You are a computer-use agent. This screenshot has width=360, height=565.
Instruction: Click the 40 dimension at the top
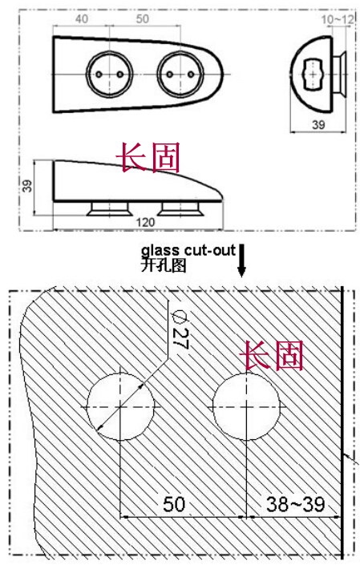point(82,18)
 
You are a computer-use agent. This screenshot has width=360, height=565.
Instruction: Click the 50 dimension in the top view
point(143,18)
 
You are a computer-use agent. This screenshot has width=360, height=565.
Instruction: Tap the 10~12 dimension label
point(338,19)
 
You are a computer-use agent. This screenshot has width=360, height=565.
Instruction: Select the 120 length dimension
point(145,222)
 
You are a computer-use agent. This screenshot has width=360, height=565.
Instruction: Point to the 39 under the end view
point(318,125)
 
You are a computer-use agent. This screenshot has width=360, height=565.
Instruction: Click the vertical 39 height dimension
point(28,185)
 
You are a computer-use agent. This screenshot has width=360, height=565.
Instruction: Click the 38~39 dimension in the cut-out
point(296,504)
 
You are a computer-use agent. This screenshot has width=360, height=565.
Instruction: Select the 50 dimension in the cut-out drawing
point(174,504)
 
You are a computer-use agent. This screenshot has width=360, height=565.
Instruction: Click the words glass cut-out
point(188,250)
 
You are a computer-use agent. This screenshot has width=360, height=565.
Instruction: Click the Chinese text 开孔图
point(164,265)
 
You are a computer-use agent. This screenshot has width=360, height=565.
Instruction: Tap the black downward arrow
point(241,260)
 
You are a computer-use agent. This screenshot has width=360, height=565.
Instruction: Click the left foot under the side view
point(107,208)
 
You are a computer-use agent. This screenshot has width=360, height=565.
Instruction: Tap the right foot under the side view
point(180,208)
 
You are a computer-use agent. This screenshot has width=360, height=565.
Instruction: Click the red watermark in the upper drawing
point(148,157)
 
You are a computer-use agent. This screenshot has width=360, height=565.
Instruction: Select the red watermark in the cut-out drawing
point(272,355)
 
